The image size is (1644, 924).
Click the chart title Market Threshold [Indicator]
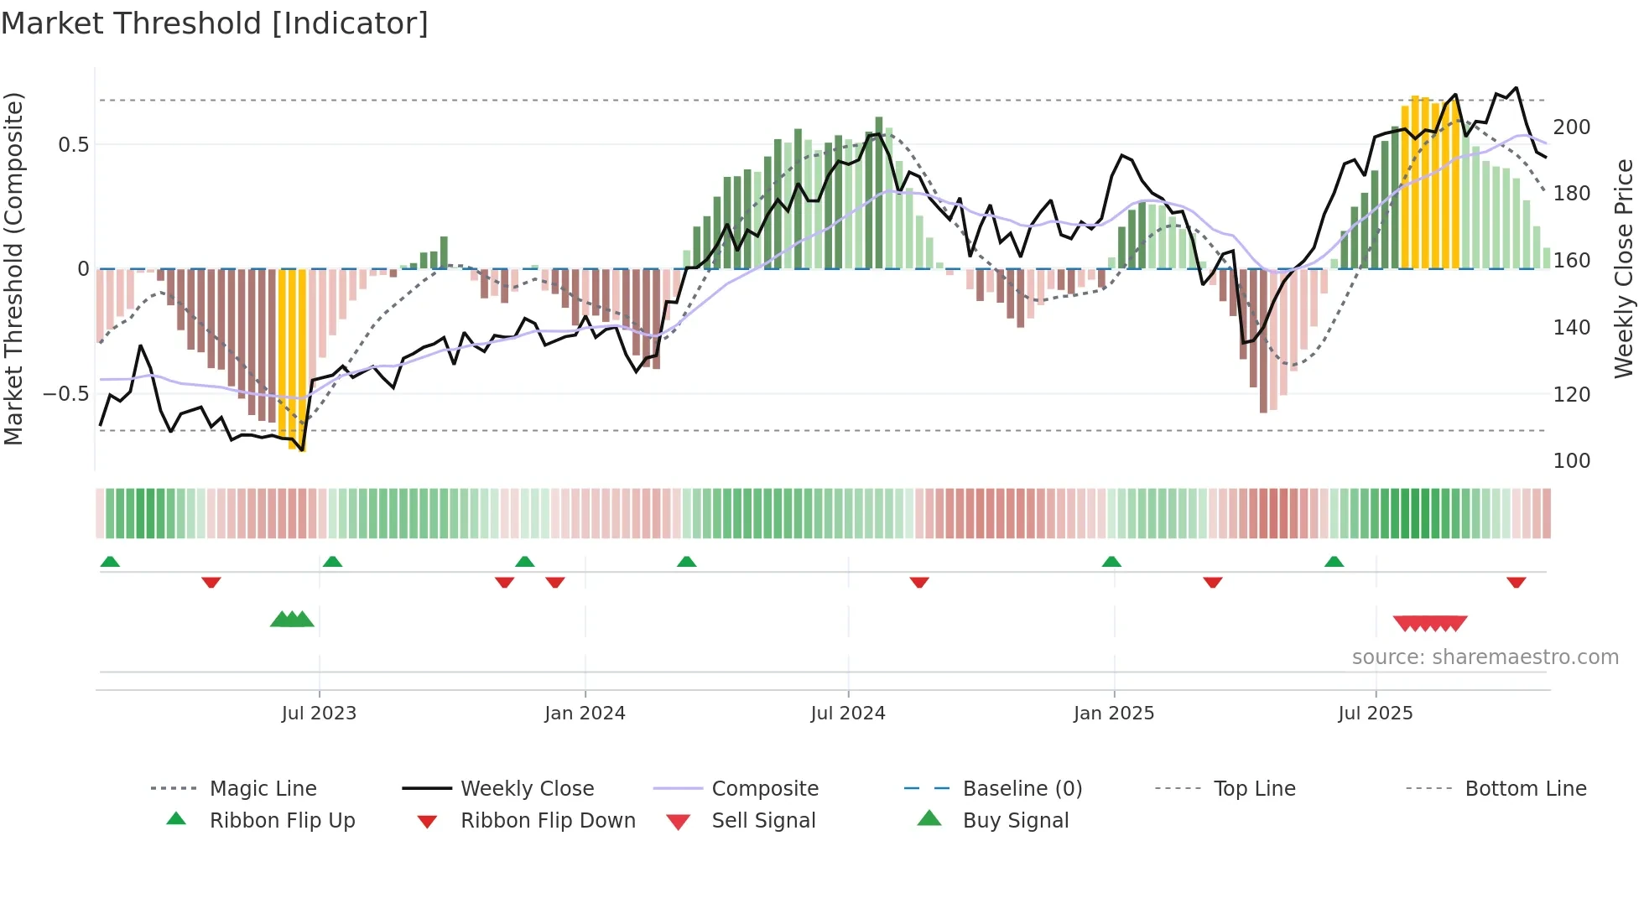coord(215,23)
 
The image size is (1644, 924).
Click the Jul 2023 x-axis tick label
coord(319,714)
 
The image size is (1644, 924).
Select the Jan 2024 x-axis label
coord(585,714)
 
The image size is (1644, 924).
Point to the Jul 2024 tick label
coord(848,714)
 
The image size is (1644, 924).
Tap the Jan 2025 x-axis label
coord(1114,714)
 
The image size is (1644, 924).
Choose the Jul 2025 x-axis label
coord(1376,714)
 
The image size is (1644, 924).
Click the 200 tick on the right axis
coord(1571,127)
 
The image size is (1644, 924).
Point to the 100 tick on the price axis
coord(1571,461)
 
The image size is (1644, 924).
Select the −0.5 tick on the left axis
coord(66,394)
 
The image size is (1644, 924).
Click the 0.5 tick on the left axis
coord(73,145)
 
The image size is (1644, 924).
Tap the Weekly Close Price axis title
coord(1624,268)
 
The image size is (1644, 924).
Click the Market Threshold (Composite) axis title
coord(13,268)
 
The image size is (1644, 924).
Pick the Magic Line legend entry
coord(263,789)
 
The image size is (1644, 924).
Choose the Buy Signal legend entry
coord(1015,821)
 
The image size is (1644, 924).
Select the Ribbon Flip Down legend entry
coord(547,821)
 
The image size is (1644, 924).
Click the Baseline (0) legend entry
coord(1022,789)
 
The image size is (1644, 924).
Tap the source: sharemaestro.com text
coord(1485,657)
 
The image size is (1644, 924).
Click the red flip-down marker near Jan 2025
coord(1212,582)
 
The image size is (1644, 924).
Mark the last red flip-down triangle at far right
coord(1516,582)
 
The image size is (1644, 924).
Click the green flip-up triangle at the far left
coord(110,562)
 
